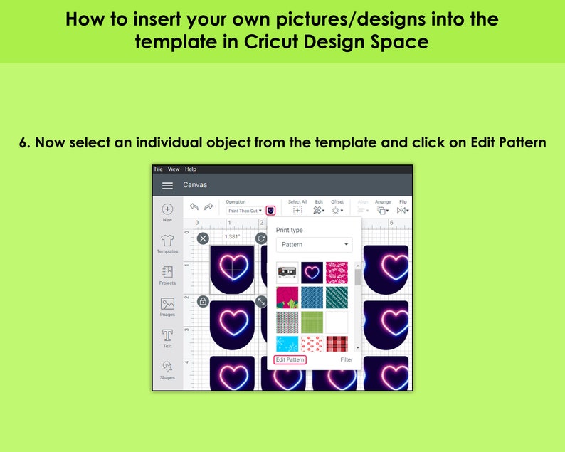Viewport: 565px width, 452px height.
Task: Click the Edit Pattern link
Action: click(290, 360)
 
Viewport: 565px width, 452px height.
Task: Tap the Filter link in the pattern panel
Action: click(347, 360)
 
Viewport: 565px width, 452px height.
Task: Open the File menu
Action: click(159, 169)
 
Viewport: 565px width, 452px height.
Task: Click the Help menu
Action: click(191, 169)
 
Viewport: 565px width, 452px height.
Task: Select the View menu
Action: click(174, 169)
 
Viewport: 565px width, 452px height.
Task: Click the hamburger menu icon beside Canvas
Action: click(167, 185)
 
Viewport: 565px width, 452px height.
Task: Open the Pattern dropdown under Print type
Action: click(314, 245)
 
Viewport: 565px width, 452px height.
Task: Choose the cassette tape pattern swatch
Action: click(287, 273)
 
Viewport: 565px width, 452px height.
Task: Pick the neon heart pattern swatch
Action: click(312, 273)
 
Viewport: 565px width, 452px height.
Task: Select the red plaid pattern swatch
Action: click(337, 344)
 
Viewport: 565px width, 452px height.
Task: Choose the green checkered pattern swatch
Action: click(312, 322)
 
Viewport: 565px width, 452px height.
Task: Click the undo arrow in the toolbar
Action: click(193, 207)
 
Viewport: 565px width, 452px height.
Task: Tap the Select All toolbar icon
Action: click(297, 211)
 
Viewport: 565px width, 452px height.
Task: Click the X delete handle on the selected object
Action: click(203, 238)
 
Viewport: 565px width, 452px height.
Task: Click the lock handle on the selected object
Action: click(203, 301)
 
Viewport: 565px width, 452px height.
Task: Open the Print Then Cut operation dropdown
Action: click(245, 211)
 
